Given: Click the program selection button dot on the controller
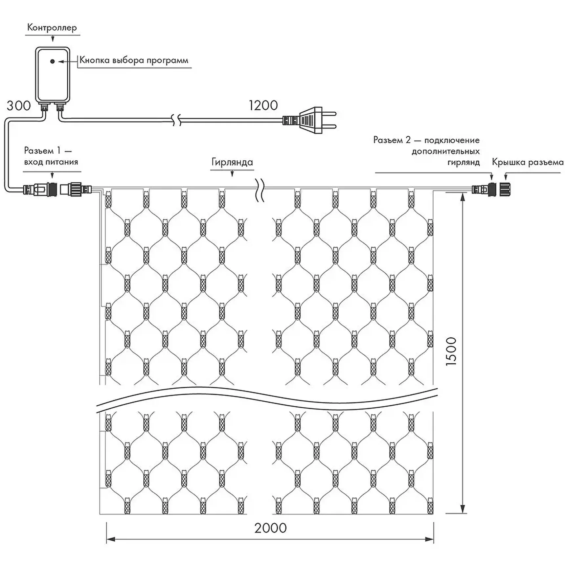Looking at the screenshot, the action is (52, 61).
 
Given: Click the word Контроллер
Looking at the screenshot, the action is (52, 27).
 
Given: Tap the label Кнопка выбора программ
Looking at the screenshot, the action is (134, 60).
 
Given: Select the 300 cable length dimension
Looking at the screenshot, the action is (19, 106).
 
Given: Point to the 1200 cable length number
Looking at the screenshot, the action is (263, 105).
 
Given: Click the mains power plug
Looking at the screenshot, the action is (309, 120).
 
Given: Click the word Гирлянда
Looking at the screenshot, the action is (232, 162).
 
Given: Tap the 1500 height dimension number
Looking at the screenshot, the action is (451, 351).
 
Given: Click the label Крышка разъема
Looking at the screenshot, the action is (528, 162).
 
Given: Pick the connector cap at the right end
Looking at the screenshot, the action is (505, 190).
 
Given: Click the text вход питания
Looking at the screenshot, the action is (51, 162).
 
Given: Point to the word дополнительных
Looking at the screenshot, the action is (445, 151).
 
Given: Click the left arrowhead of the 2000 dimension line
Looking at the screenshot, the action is (110, 539).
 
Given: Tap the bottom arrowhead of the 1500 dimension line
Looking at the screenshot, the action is (463, 517).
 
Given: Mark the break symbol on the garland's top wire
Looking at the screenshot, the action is (260, 190).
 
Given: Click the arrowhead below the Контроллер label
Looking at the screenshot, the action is (53, 39).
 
